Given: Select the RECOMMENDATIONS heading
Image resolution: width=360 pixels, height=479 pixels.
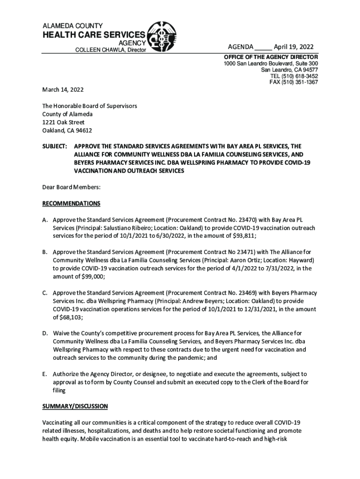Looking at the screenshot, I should click(71, 204).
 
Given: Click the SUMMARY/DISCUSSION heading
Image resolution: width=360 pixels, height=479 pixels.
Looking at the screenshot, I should click(75, 406).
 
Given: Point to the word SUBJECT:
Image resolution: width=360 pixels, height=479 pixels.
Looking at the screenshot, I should click(55, 146).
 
